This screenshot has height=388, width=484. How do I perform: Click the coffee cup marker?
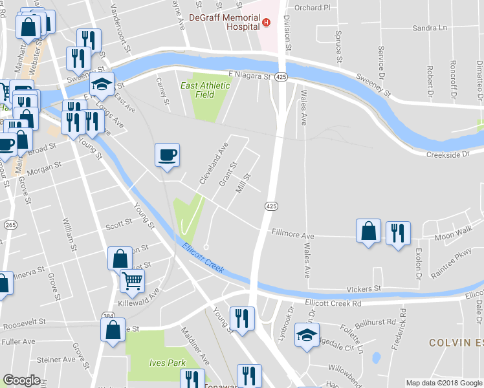(x=167, y=155)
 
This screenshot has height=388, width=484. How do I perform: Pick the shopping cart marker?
(x=132, y=281)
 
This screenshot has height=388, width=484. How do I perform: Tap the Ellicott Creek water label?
(x=203, y=257)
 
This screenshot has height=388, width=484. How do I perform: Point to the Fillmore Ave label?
(x=292, y=232)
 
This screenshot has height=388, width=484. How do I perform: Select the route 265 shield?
(x=10, y=224)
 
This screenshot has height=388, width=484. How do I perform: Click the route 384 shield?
(x=108, y=317)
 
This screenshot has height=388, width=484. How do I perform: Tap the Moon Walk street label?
(x=454, y=232)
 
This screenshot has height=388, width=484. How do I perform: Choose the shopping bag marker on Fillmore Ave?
(x=368, y=231)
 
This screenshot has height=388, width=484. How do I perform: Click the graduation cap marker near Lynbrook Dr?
(x=307, y=335)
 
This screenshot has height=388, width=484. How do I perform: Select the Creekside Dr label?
(x=447, y=155)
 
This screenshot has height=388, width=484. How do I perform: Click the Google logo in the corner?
(x=21, y=380)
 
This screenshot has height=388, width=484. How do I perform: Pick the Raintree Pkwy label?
(x=454, y=257)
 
